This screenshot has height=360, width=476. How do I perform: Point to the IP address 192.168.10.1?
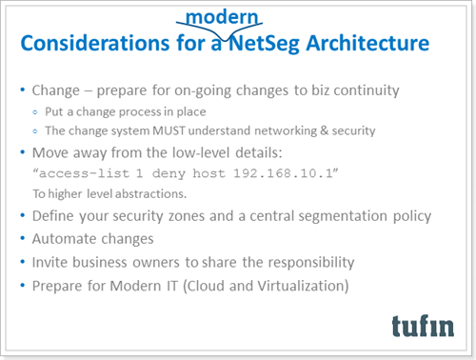[286, 173]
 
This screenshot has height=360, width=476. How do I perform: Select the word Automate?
[67, 236]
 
